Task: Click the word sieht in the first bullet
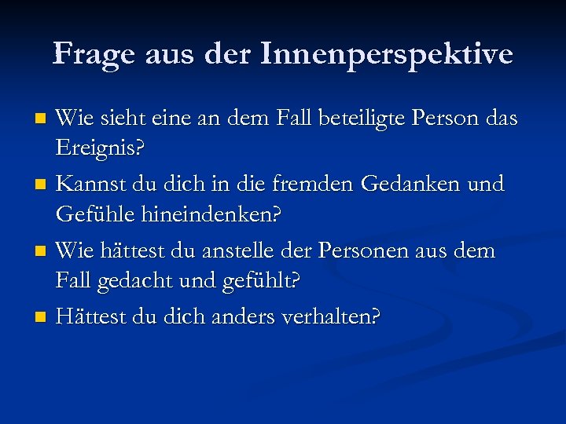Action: [x=127, y=119]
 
